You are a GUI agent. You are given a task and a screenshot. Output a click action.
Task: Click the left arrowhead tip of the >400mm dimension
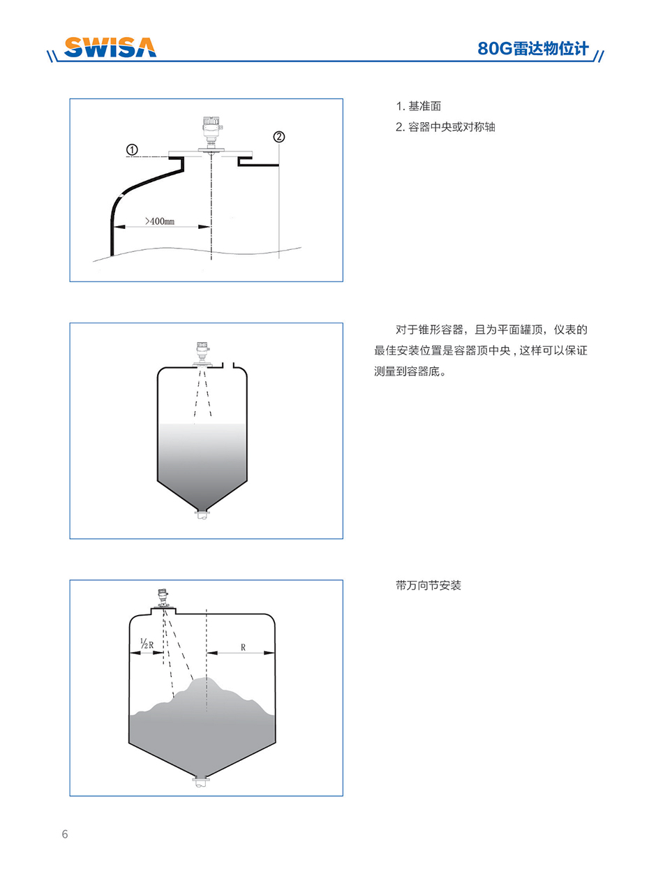[114, 227]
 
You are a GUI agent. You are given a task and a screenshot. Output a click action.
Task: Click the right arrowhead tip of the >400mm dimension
[211, 227]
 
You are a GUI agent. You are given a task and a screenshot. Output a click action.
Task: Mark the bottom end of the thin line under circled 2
[279, 258]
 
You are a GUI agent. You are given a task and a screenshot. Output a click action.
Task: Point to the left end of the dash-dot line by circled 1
[126, 157]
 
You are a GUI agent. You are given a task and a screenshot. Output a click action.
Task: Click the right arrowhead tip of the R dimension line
[275, 653]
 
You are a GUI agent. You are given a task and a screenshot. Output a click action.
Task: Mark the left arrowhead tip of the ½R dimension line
[130, 653]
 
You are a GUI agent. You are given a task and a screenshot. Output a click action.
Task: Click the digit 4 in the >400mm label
[153, 221]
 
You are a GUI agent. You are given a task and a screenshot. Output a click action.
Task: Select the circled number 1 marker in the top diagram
[132, 150]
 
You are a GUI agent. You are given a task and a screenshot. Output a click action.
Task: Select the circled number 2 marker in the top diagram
[279, 137]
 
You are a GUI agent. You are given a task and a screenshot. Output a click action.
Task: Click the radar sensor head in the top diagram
[210, 132]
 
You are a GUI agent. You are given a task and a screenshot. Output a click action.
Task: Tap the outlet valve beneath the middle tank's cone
[202, 515]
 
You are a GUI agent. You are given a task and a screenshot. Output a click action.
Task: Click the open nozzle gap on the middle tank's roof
[228, 365]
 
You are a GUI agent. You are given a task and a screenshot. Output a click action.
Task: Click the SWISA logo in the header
[110, 47]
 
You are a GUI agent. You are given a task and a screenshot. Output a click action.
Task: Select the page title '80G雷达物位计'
[533, 48]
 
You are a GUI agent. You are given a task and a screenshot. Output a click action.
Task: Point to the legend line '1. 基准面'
[418, 106]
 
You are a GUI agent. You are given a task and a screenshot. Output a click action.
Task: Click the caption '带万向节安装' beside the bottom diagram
[428, 586]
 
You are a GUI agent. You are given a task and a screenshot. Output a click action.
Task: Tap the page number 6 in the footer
[65, 834]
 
